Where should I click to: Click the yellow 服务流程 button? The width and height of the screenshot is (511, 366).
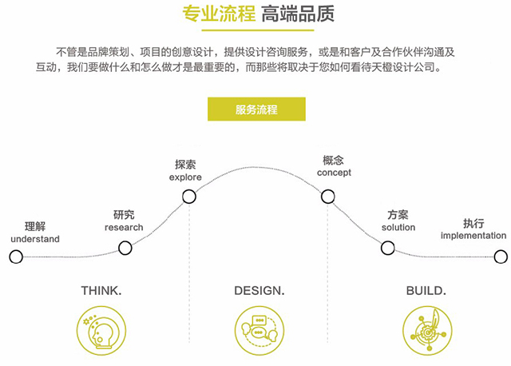256,109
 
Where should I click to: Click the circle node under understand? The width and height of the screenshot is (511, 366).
16,257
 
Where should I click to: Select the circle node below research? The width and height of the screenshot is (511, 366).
125,248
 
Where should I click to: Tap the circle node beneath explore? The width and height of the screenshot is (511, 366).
189,197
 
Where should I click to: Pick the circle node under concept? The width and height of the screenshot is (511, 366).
328,197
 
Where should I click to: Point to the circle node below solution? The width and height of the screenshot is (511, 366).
388,248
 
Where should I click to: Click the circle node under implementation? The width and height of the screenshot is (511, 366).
501,257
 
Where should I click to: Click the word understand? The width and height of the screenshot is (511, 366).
35,239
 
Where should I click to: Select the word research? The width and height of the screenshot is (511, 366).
124,228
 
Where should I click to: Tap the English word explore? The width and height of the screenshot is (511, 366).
185,177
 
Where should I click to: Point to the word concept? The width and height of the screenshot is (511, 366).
334,173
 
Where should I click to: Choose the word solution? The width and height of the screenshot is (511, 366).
398,228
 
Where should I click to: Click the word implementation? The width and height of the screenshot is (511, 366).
473,236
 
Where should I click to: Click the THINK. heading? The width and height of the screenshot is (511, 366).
101,291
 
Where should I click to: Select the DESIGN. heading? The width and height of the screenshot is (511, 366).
259,291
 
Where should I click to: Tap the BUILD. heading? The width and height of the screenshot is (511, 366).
426,291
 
